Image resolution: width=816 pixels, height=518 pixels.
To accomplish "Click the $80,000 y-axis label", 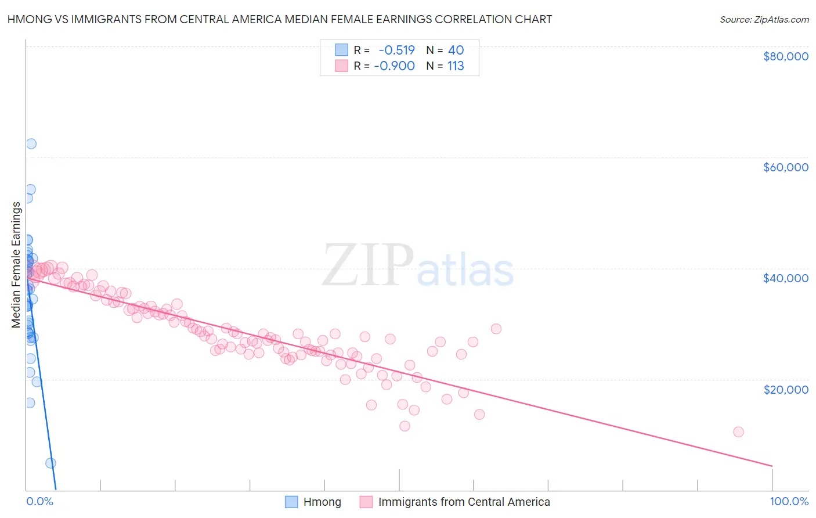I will (x=785, y=56).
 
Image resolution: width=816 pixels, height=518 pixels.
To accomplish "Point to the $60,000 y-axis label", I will (x=785, y=167).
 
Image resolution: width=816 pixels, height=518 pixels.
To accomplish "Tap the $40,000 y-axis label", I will (x=785, y=278).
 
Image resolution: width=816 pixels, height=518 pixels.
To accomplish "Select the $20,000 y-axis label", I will (x=785, y=389).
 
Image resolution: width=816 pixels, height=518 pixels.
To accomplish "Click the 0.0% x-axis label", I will (x=39, y=501).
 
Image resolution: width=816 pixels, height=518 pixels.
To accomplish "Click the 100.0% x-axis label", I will (x=789, y=501).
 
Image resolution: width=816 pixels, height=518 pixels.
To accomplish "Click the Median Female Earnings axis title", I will (x=16, y=265).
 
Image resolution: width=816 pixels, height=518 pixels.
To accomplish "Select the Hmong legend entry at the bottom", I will (x=322, y=502).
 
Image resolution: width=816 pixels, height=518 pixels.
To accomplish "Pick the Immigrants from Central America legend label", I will (x=464, y=502).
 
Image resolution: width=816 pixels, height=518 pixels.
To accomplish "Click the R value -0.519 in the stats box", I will (x=397, y=50).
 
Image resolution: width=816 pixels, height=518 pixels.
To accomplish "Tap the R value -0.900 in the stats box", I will (x=395, y=66).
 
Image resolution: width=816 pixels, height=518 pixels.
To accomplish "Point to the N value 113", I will (x=456, y=66).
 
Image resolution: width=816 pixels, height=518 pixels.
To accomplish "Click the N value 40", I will (x=456, y=50).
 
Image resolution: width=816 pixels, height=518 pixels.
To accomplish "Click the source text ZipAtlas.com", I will (x=764, y=19).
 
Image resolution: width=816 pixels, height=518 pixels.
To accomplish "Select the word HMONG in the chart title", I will (x=27, y=19).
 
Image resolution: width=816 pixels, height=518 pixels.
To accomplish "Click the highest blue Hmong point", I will (x=31, y=143).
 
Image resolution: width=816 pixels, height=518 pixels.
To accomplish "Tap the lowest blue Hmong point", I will (x=50, y=463).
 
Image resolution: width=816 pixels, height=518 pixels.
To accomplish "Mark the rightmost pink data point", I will (x=738, y=431).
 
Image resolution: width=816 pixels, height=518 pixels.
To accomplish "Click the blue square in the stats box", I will (x=341, y=50).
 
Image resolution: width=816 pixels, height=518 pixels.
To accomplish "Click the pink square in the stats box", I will (x=341, y=66).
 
